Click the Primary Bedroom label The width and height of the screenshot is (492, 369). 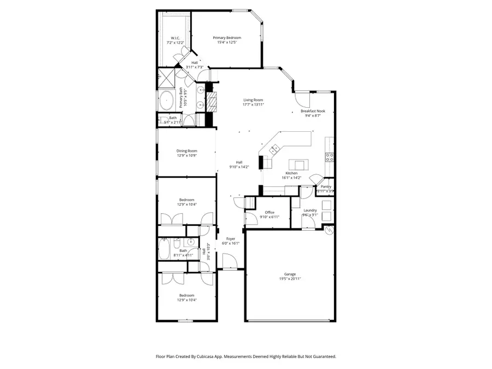coord(227,38)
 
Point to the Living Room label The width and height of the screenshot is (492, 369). coord(254,100)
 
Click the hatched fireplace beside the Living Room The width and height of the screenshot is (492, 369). coord(212,101)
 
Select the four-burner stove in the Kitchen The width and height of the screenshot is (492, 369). coord(330,157)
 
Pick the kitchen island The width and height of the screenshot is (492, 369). coord(298,164)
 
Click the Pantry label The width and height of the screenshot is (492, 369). coord(326,186)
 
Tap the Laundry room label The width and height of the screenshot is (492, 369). coord(310,210)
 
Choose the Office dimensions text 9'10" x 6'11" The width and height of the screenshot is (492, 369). coord(270,217)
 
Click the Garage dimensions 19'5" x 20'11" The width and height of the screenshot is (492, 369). coord(290,279)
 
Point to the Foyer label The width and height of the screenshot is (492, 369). coord(231,239)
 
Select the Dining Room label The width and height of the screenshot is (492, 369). coord(186,151)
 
